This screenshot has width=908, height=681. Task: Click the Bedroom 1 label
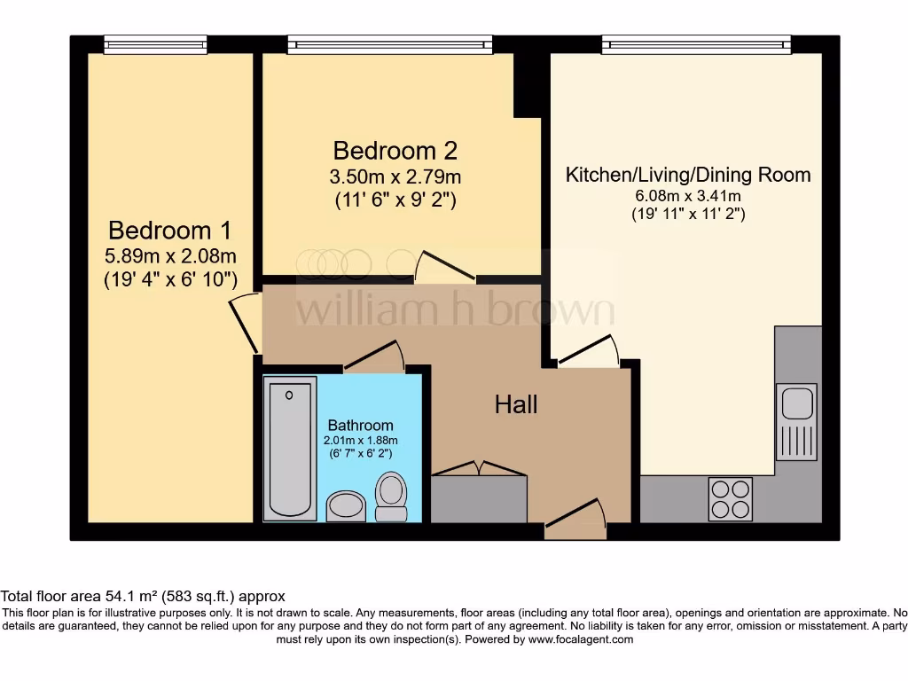click(169, 231)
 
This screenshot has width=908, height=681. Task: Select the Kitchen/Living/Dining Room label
click(688, 175)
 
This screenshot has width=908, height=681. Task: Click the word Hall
click(516, 405)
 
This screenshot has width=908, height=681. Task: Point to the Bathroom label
click(360, 425)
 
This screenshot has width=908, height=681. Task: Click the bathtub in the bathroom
click(290, 448)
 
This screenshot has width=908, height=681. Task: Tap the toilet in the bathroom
click(390, 497)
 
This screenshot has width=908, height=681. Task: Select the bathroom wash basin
click(345, 506)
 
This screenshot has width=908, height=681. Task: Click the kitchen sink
click(795, 421)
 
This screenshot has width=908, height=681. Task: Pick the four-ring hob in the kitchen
click(731, 498)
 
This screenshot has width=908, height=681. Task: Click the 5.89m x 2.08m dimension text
click(169, 257)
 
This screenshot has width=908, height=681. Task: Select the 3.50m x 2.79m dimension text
click(395, 176)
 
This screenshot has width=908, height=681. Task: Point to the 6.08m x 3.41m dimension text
click(688, 196)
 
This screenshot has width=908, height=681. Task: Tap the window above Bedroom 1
click(155, 44)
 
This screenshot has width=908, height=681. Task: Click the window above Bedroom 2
click(389, 44)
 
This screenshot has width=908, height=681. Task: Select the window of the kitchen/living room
click(696, 44)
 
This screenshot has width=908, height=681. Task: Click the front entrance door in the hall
click(575, 518)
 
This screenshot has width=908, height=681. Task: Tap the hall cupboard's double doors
click(479, 469)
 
